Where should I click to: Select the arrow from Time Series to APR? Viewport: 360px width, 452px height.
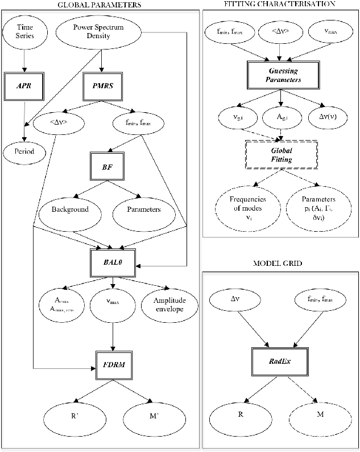[x=25, y=59]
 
